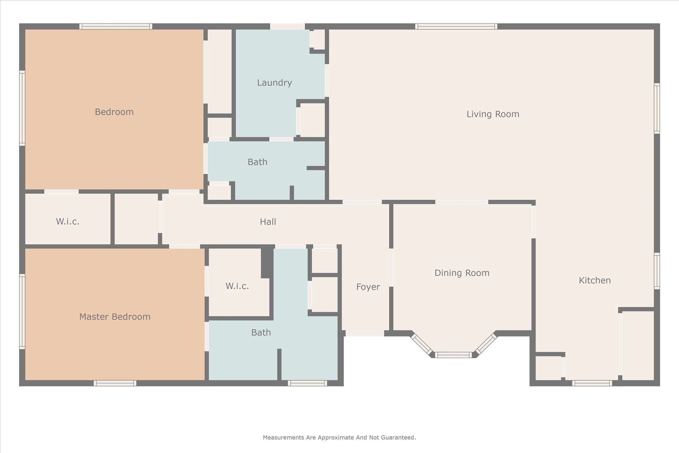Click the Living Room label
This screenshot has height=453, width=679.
click(493, 114)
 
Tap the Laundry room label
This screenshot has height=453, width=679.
click(275, 83)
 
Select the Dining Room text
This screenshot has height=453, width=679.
click(462, 273)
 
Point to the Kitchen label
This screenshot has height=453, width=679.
click(594, 281)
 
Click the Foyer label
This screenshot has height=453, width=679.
click(368, 287)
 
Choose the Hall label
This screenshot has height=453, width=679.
click(268, 222)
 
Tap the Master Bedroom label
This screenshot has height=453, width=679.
click(115, 317)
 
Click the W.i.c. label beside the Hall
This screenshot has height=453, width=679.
click(68, 222)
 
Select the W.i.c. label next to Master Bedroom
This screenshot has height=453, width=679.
click(237, 286)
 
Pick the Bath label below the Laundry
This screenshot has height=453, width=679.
click(257, 162)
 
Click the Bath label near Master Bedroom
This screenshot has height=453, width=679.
click(261, 332)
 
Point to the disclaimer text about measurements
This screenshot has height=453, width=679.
click(339, 437)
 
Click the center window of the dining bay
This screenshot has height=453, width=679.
click(453, 355)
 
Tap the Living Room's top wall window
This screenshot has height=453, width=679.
click(456, 27)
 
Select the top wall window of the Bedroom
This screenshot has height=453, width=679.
click(116, 27)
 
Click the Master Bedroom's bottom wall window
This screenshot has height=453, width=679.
click(115, 383)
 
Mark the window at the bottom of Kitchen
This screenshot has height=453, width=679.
click(592, 383)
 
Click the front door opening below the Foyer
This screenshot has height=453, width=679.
click(365, 333)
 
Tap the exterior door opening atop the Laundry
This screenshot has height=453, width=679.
click(287, 27)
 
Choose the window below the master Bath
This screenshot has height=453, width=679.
click(307, 383)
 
